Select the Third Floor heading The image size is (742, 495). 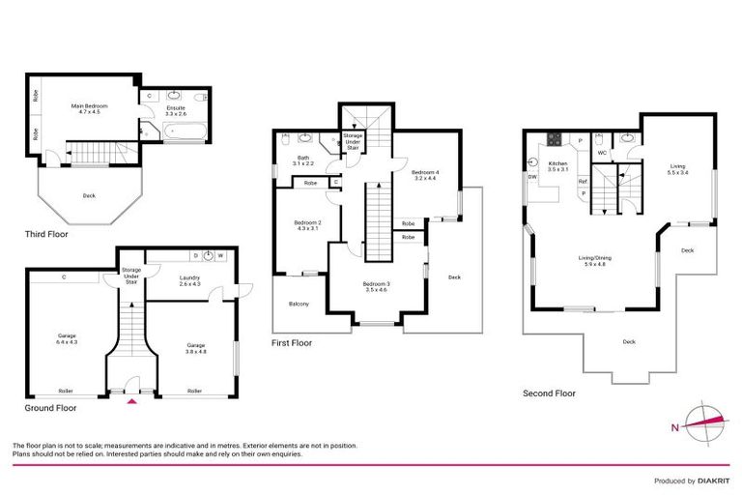[x=45, y=234]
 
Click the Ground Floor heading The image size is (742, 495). [x=49, y=408]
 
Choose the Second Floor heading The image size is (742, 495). [x=549, y=393]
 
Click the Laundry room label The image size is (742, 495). [x=189, y=281]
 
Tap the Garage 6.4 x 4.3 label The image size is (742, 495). [x=67, y=339]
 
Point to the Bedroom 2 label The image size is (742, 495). [x=307, y=225]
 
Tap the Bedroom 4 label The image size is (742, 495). [x=426, y=175]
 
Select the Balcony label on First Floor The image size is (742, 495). [x=300, y=305]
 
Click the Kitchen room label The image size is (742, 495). [x=557, y=167]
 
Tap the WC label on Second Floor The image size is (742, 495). [x=601, y=152]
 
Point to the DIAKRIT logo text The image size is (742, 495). [x=711, y=480]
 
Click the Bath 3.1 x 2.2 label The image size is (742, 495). [x=303, y=160]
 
